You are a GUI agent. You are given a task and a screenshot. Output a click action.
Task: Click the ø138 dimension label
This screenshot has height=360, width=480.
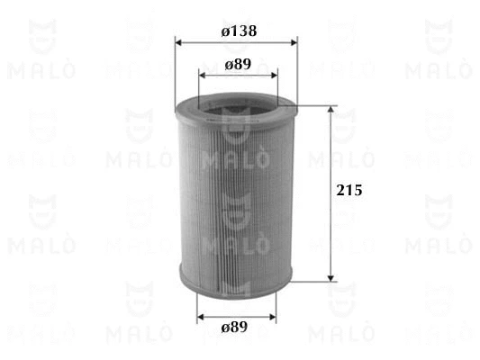[238, 31]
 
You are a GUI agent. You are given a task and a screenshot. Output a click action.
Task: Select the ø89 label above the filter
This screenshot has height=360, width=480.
[238, 65]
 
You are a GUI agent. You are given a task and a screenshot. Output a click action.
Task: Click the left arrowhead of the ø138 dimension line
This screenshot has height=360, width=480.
[179, 42]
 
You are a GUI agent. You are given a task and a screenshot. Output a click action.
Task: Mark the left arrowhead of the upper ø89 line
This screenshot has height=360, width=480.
[203, 76]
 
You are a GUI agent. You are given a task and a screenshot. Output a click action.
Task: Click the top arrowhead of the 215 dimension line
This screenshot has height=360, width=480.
[331, 111]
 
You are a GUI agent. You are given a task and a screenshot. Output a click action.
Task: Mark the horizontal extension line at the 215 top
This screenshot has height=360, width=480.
[315, 105]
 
